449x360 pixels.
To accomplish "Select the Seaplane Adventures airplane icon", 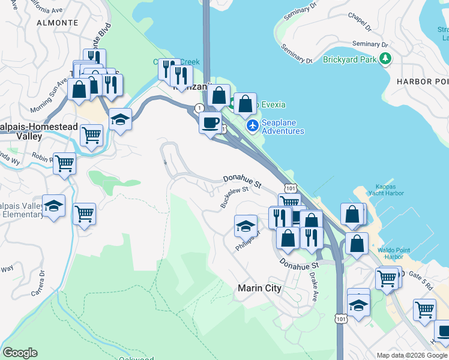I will (252, 125).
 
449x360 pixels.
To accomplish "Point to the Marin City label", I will (259, 288).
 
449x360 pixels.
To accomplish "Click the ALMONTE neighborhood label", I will (58, 22).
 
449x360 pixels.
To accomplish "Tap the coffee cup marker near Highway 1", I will (210, 123).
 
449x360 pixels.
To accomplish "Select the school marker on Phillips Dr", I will (245, 226).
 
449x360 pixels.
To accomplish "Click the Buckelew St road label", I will (234, 197).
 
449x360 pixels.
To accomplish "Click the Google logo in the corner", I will (20, 353).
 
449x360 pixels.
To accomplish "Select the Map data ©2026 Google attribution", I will (412, 355).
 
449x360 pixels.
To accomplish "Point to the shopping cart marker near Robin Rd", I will (64, 163).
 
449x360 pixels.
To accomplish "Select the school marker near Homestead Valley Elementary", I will (53, 206).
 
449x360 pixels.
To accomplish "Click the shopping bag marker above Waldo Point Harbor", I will (357, 244).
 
